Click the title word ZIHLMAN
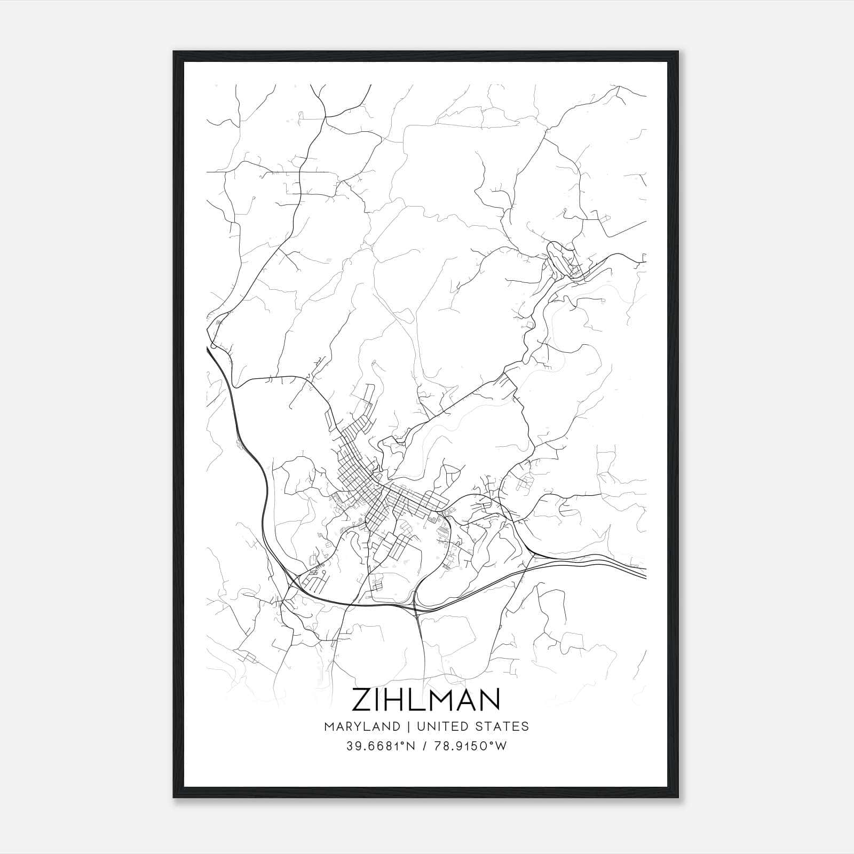[x=425, y=700]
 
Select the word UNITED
[x=442, y=726]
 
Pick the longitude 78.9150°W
[x=470, y=746]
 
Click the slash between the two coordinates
[x=424, y=746]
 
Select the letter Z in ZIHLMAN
[x=362, y=700]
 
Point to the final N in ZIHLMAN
[x=489, y=700]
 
